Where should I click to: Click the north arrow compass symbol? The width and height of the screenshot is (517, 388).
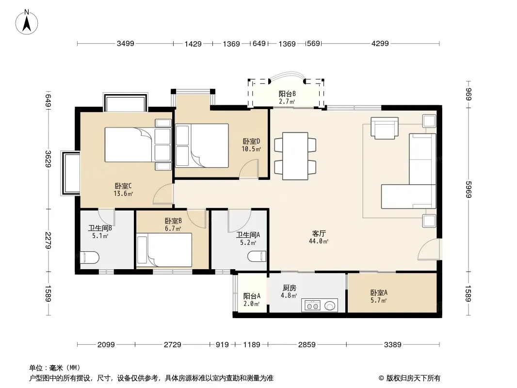click(x=27, y=22)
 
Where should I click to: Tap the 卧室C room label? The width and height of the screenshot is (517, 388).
click(x=123, y=186)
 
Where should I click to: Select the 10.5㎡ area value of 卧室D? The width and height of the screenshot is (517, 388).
click(x=251, y=149)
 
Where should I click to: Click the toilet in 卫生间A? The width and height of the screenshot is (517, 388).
click(x=257, y=256)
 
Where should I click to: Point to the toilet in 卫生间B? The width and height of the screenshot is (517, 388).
click(x=90, y=258)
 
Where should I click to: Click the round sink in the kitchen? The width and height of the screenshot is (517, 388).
click(x=330, y=306)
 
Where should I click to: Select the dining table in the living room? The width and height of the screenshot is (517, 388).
click(x=295, y=156)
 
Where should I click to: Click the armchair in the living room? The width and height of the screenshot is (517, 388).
click(x=385, y=128)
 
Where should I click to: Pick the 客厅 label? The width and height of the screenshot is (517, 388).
click(x=319, y=233)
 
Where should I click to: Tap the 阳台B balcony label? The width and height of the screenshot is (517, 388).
click(x=287, y=94)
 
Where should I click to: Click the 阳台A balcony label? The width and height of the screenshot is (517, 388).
click(x=252, y=296)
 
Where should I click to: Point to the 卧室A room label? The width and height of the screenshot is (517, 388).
click(x=379, y=292)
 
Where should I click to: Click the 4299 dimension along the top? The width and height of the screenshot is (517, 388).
click(x=380, y=43)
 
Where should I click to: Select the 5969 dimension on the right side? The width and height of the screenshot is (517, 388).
click(x=469, y=189)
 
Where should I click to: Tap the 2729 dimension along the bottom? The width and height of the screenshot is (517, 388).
click(x=173, y=344)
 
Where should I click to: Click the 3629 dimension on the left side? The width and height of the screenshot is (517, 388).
click(x=48, y=159)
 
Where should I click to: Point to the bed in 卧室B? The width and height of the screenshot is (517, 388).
click(x=164, y=250)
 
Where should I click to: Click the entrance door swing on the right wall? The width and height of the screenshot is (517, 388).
click(x=429, y=250)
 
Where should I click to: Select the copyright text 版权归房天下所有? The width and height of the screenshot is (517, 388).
click(x=413, y=378)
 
